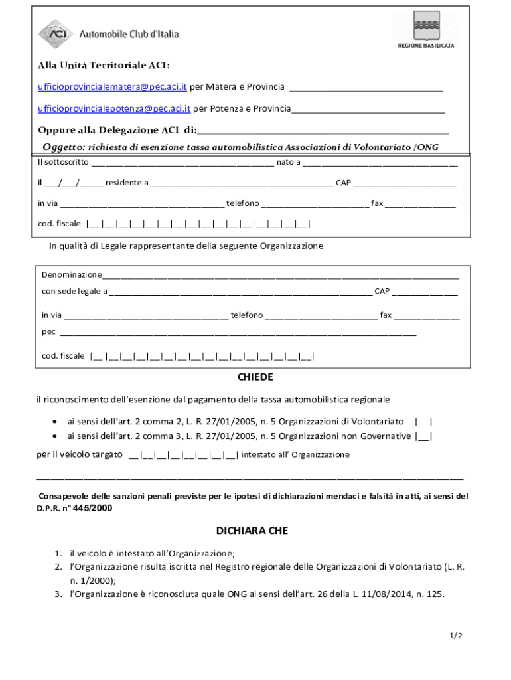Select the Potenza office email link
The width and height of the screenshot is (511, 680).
[x=114, y=108]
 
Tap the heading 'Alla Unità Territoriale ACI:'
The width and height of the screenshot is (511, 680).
[x=104, y=66]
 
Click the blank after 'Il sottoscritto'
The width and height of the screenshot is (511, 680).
[x=183, y=163]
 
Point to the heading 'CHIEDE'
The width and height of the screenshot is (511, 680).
[x=255, y=377]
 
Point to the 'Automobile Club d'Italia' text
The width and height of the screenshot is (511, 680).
[x=129, y=34]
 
